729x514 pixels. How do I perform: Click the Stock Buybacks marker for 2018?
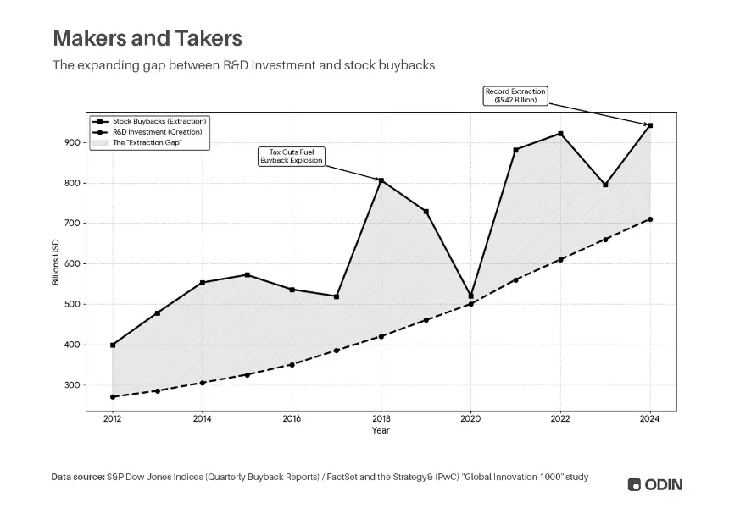click(381, 180)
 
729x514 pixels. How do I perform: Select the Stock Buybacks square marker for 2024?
click(650, 125)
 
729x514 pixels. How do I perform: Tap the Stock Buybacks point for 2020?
click(471, 296)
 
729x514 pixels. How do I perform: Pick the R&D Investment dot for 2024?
click(650, 219)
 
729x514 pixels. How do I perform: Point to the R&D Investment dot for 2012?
click(113, 396)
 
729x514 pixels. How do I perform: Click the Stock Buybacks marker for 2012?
click(113, 345)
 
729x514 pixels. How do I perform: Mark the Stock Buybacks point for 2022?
click(560, 134)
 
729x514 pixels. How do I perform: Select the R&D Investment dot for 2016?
click(292, 364)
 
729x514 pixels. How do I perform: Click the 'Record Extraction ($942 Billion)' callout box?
click(515, 96)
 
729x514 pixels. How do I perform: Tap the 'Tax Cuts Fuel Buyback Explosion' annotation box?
click(292, 157)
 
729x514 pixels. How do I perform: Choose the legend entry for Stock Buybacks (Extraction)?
click(149, 121)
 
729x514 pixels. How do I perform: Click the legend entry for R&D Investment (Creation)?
click(147, 132)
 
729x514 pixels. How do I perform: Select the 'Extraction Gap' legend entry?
click(137, 142)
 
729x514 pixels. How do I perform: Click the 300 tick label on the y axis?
click(72, 385)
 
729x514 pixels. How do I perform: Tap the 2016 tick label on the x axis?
click(292, 419)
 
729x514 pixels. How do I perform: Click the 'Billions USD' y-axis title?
click(56, 262)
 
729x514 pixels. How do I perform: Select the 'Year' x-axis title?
click(381, 430)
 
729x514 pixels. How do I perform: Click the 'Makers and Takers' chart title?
click(147, 38)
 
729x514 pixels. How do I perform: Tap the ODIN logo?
click(655, 484)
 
